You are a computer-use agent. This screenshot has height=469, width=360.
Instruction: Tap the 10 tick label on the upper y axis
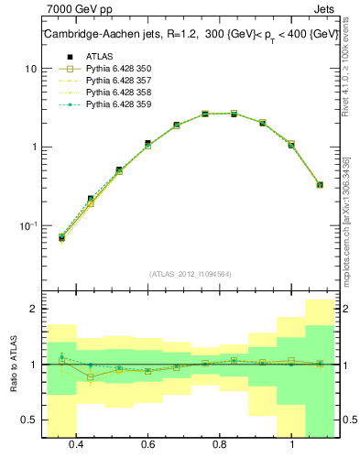30,69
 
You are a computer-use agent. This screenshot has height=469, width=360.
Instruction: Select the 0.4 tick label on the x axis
76,444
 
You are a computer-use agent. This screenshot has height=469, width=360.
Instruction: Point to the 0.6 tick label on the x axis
147,444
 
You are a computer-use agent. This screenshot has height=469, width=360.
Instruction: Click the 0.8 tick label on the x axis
220,444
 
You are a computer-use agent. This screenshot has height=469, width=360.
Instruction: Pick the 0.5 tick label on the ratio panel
29,420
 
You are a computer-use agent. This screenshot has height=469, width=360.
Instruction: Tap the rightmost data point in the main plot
320,184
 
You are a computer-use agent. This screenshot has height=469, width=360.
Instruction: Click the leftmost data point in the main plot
61,237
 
